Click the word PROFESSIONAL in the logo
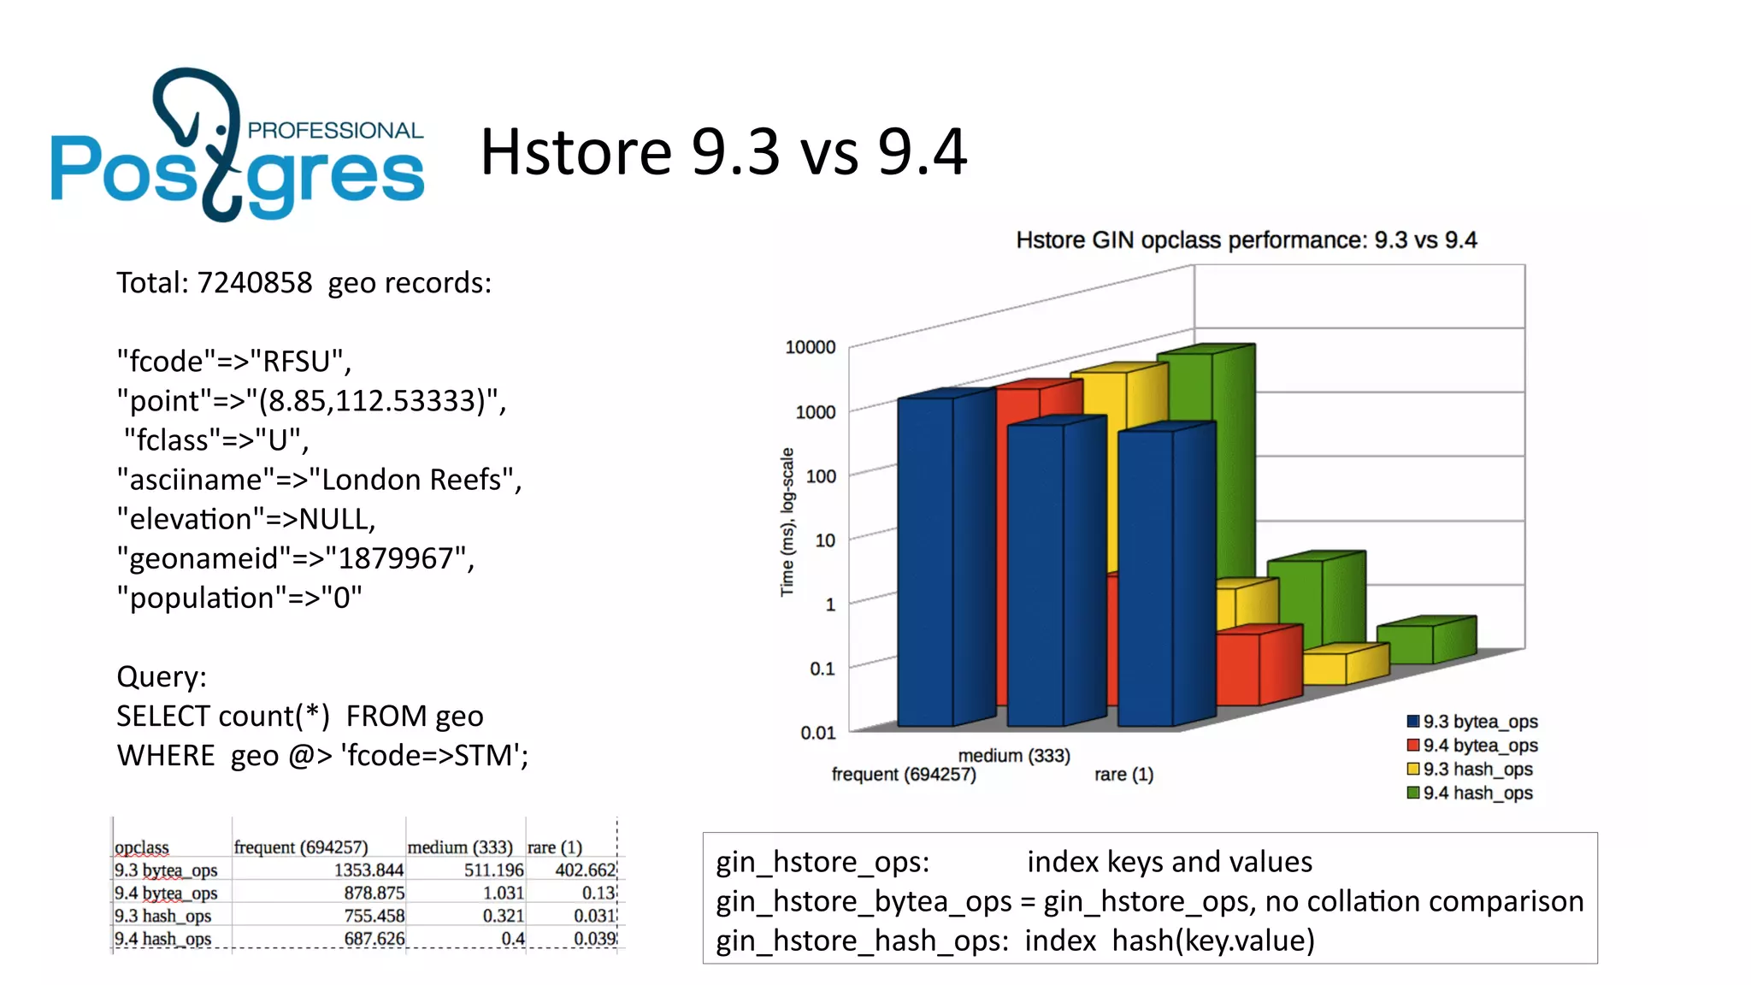[x=335, y=130]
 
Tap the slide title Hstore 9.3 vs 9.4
[x=723, y=152]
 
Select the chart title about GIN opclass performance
[x=1246, y=240]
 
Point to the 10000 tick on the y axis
[x=810, y=347]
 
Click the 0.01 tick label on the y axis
[x=817, y=733]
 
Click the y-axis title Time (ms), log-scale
[x=787, y=522]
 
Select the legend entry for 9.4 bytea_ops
[x=1479, y=746]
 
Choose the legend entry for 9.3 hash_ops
[x=1477, y=770]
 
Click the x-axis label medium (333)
[x=1014, y=756]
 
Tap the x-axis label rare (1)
[x=1123, y=775]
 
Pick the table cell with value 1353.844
[x=368, y=870]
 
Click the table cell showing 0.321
[x=503, y=916]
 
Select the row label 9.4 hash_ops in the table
[x=163, y=939]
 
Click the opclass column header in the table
[x=142, y=847]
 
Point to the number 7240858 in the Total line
[x=255, y=283]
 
